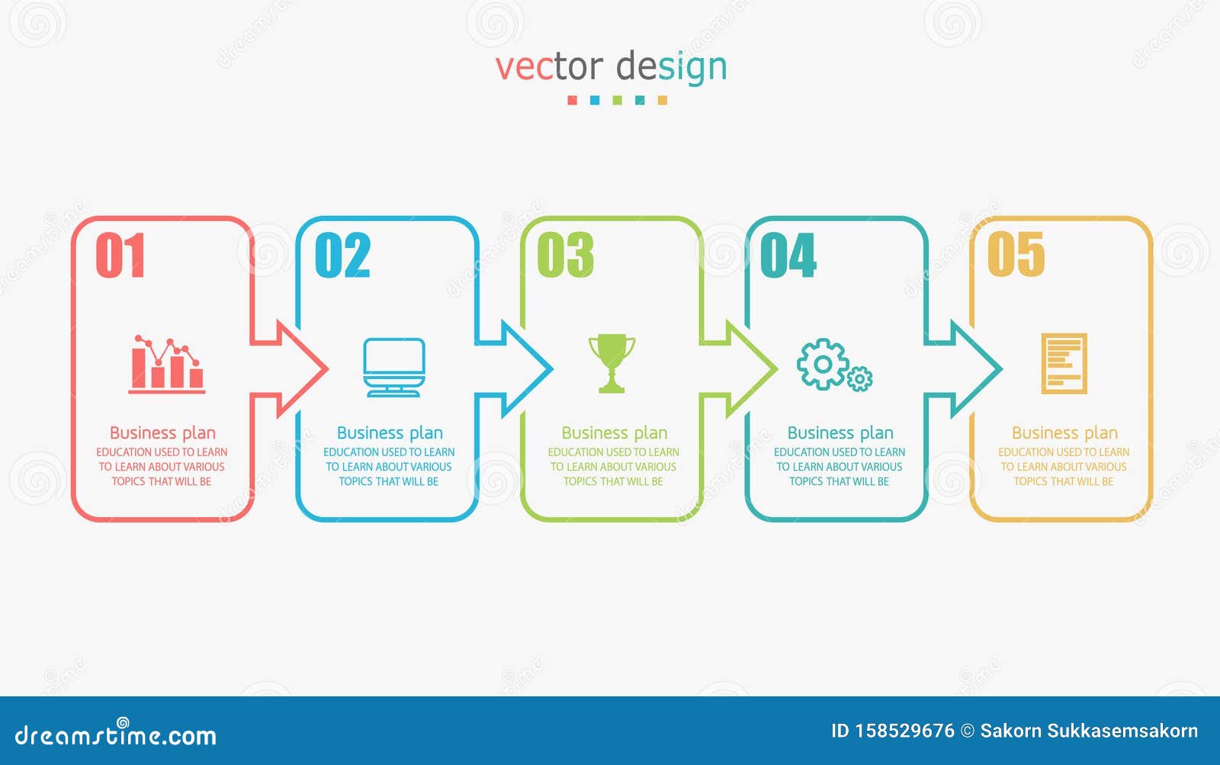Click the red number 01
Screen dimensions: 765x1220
[120, 256]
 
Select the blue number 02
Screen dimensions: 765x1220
[342, 256]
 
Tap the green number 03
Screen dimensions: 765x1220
[565, 256]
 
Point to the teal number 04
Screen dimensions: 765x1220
[788, 256]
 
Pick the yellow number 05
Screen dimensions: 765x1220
[1016, 256]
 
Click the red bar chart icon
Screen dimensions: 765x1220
[166, 365]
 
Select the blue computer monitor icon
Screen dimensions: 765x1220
[393, 367]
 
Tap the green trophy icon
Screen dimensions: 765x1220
[612, 363]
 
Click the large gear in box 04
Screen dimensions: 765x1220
[822, 365]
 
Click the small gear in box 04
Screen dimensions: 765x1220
[860, 378]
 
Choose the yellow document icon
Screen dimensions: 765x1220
[1064, 364]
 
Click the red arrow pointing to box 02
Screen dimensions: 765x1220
[294, 369]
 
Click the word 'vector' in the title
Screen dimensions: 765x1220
[549, 67]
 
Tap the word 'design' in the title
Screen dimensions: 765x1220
[671, 67]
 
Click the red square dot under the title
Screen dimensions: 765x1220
[572, 101]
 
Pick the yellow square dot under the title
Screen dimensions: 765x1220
[662, 101]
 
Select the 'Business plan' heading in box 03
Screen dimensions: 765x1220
[614, 433]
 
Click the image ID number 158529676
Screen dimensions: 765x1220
[904, 731]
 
